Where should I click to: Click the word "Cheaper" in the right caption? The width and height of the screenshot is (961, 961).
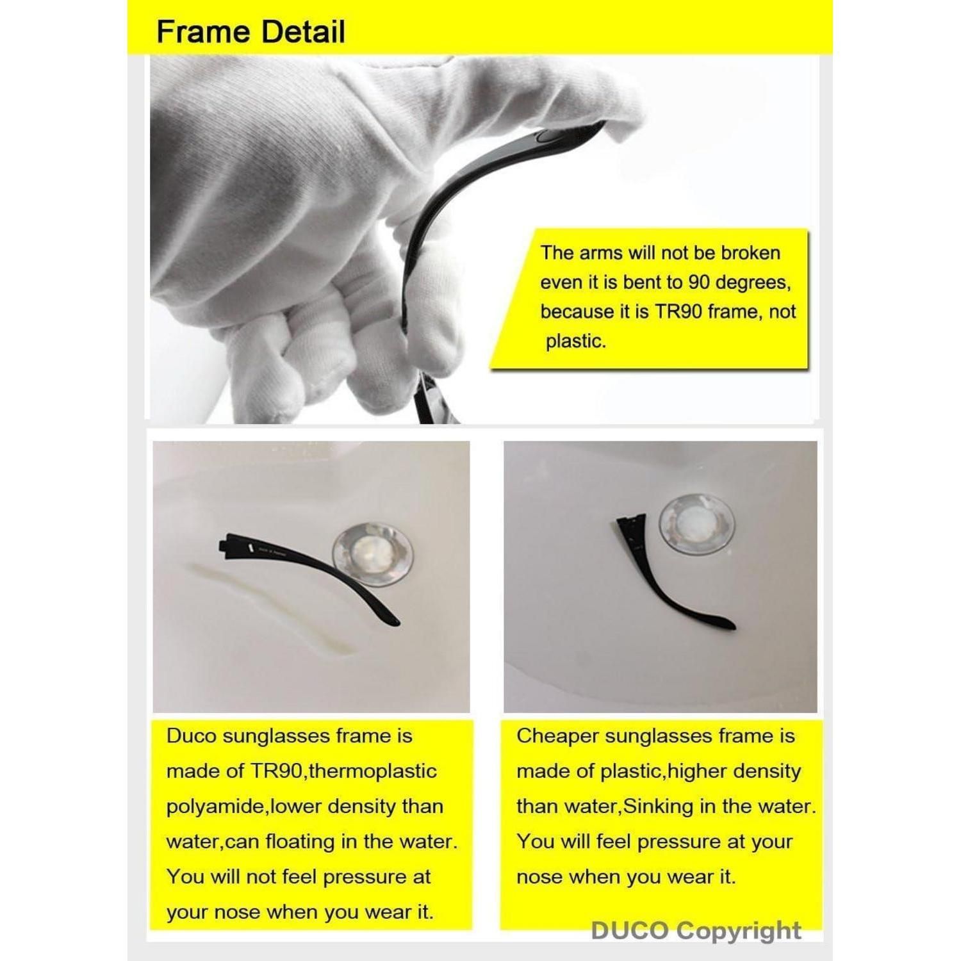[x=557, y=736]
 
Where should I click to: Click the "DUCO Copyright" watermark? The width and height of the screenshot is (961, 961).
[x=696, y=930]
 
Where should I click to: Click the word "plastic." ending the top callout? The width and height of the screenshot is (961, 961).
[x=575, y=341]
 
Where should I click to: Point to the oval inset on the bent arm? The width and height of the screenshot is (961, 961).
[x=546, y=136]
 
